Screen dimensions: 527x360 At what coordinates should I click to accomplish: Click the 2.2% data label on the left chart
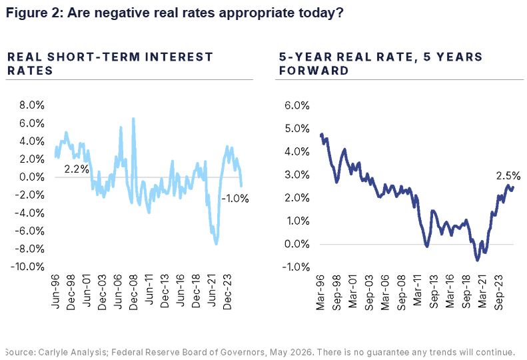(77, 169)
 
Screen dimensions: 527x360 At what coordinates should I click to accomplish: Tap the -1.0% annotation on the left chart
(235, 199)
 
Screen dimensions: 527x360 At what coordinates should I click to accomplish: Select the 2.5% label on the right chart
(508, 175)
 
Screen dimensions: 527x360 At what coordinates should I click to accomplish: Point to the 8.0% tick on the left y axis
(32, 105)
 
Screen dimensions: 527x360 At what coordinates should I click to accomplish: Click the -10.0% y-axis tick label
(27, 267)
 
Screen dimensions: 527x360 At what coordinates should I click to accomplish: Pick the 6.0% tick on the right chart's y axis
(297, 105)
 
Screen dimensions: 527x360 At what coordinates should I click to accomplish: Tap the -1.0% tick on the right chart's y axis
(296, 267)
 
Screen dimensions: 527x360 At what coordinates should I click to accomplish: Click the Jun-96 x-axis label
(55, 291)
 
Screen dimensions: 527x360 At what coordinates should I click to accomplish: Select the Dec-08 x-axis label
(133, 292)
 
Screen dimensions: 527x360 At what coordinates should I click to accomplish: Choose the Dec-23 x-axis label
(227, 292)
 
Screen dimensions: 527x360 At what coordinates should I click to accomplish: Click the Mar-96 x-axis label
(320, 292)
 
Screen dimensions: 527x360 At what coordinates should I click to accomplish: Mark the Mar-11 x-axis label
(418, 291)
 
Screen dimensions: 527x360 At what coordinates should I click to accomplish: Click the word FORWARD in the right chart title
(314, 71)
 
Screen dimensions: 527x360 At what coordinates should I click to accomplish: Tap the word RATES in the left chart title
(30, 71)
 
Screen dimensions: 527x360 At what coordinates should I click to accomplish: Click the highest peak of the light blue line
(133, 119)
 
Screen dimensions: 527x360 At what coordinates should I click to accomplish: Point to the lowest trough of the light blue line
(216, 243)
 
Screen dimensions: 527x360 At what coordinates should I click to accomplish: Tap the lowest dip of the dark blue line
(477, 260)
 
